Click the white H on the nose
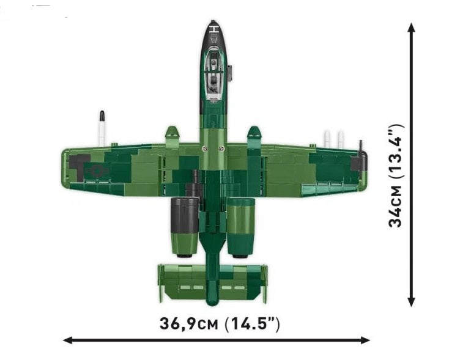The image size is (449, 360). [x=214, y=29]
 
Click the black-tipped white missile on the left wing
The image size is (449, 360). [x=102, y=128]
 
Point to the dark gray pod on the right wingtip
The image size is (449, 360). [x=358, y=163]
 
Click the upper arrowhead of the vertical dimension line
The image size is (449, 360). [x=411, y=28]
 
